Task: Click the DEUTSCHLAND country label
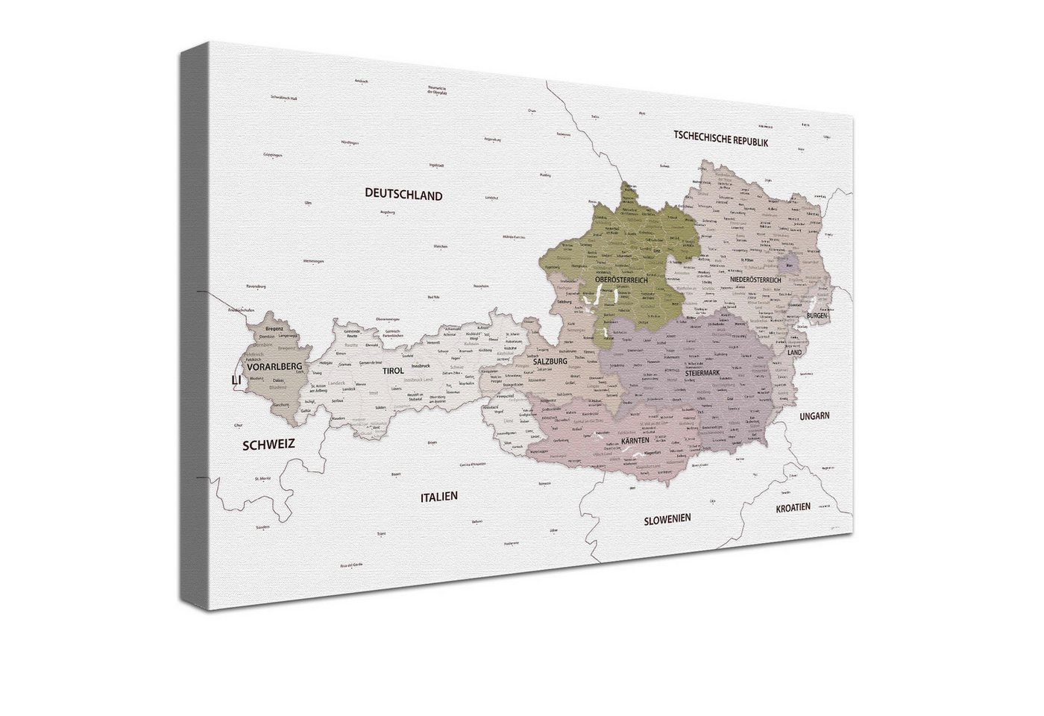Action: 403,195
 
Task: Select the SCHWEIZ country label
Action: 268,445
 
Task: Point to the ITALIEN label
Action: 438,496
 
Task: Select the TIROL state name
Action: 393,371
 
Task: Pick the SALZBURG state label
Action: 551,361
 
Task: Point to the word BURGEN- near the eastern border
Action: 817,316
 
